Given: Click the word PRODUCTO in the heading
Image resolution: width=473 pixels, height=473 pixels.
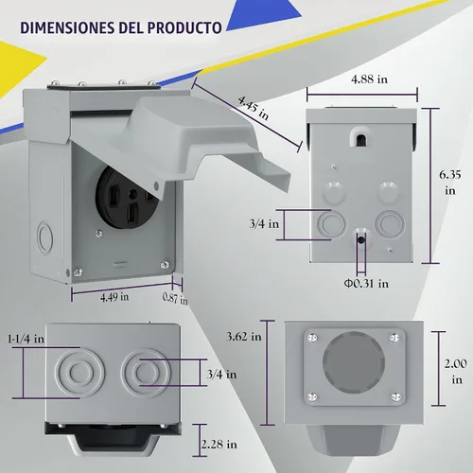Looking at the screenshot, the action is coord(184,27).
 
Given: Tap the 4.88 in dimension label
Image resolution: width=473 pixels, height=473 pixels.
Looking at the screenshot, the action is coord(369,79).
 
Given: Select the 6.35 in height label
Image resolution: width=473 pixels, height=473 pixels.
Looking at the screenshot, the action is coord(450,183).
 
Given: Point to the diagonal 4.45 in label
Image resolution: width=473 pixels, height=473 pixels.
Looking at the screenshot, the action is coord(254,108).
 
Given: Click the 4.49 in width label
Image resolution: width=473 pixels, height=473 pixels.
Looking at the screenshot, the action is coord(114,297).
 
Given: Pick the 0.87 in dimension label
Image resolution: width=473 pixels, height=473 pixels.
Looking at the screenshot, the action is coord(175,298).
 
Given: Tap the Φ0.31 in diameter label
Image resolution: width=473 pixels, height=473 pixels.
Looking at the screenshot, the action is coord(366,284).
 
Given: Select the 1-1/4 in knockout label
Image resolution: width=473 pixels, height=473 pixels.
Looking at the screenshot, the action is coord(26,339).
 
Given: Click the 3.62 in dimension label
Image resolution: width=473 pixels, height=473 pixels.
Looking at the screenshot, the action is coord(244,337).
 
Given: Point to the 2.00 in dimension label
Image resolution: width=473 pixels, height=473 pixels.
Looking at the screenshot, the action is coord(456,372).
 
